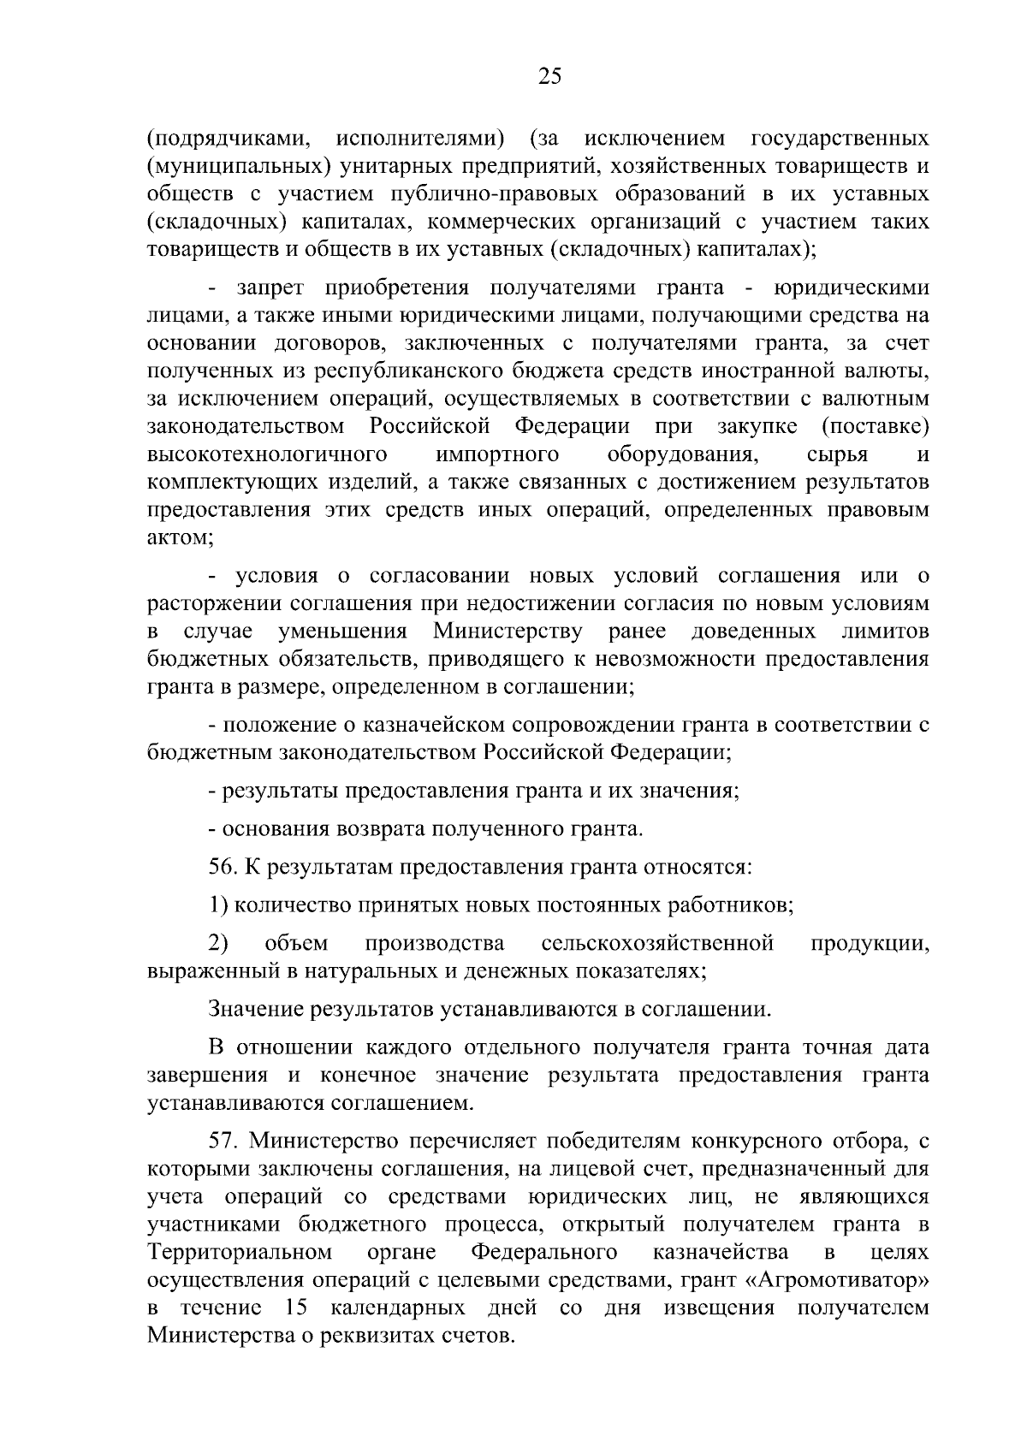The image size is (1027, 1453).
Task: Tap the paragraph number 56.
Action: (223, 868)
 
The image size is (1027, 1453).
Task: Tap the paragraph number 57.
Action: (223, 1142)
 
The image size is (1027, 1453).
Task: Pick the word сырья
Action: (837, 454)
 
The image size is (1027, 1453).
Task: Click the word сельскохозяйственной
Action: (658, 944)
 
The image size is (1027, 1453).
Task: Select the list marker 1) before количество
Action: (217, 905)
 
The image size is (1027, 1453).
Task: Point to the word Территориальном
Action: (240, 1253)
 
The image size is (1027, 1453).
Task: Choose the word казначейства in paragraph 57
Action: (721, 1253)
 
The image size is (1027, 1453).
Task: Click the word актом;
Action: (180, 538)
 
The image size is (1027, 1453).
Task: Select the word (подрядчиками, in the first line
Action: (223, 139)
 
